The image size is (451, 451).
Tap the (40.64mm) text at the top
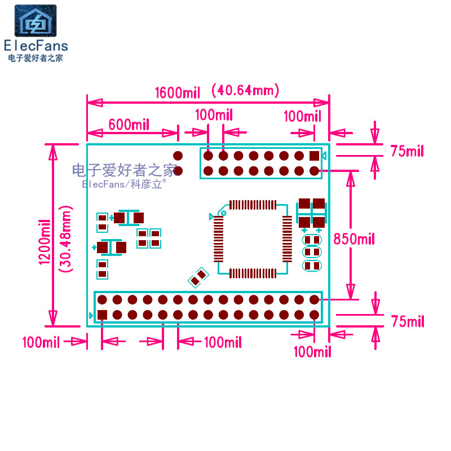click(x=245, y=90)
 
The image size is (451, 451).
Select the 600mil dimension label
click(x=129, y=125)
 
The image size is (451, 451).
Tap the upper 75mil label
click(x=407, y=151)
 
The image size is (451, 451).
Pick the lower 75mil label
click(x=407, y=321)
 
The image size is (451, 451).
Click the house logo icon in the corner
click(x=36, y=21)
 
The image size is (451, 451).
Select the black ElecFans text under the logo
click(x=36, y=46)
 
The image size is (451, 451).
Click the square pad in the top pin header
click(x=315, y=156)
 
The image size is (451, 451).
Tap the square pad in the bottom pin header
click(x=102, y=315)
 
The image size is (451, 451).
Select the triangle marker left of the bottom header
click(x=91, y=315)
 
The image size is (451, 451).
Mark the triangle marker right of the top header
click(x=324, y=156)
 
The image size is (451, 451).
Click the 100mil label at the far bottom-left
click(x=41, y=342)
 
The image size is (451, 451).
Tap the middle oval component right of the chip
click(x=312, y=253)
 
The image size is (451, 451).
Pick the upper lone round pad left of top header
click(x=178, y=156)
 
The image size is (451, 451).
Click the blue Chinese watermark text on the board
click(x=124, y=169)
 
